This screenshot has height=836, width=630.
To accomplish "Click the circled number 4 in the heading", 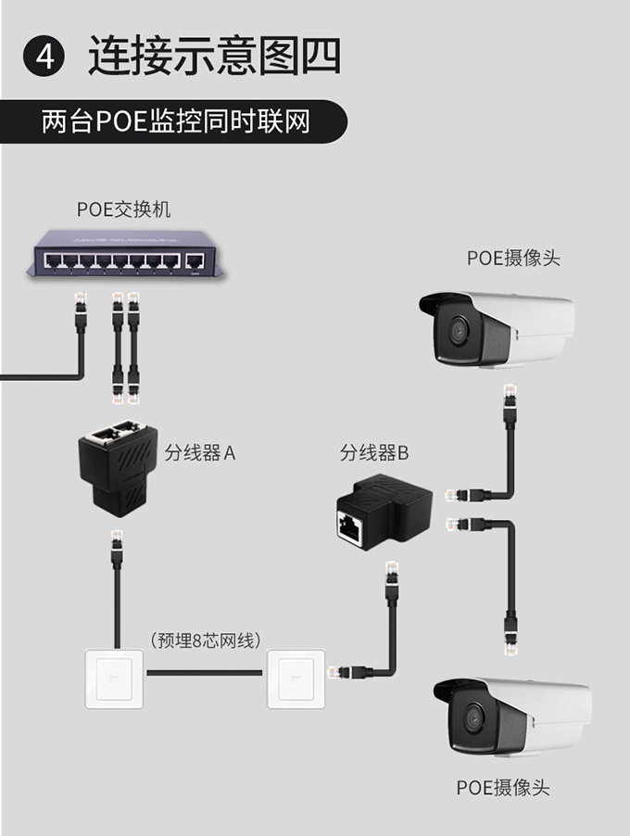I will coord(44,57).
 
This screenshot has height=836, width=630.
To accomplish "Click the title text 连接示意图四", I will coord(214,56).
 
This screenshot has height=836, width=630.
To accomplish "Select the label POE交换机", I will coord(123,210).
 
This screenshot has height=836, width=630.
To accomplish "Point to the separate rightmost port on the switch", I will coord(195,260).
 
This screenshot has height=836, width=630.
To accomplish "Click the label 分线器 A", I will coord(200,453).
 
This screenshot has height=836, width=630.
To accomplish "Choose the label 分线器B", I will coord(374,453).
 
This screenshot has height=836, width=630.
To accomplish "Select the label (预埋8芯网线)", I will coord(205,640).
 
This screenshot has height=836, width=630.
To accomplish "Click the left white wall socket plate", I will coord(116,678).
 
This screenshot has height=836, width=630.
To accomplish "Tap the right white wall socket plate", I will coord(297,678).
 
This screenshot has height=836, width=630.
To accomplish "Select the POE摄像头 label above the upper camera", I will coord(513,258).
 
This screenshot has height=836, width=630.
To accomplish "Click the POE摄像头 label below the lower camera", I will coord(502,788).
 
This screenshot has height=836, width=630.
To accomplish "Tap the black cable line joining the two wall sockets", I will coord(206,671).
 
